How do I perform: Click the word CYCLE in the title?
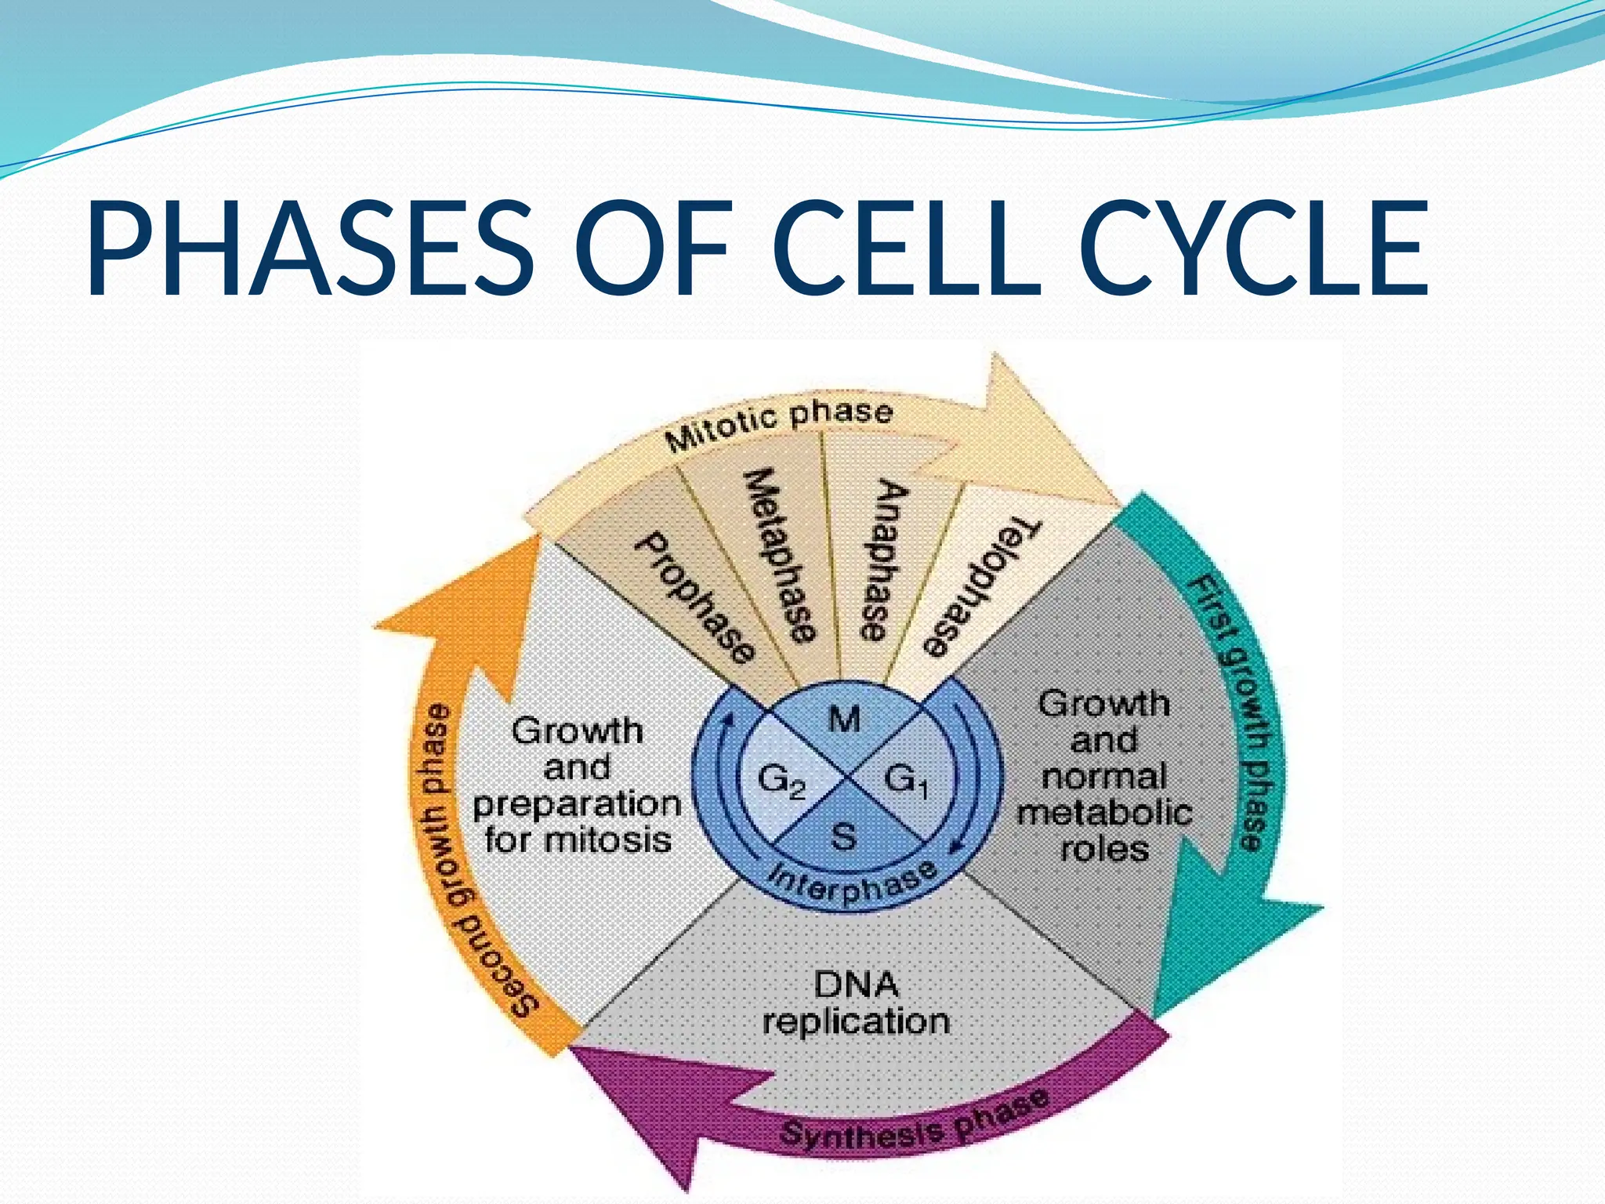click(1258, 249)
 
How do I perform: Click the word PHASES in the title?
click(310, 249)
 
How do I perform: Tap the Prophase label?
click(696, 598)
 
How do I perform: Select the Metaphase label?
click(781, 555)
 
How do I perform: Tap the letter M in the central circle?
click(844, 719)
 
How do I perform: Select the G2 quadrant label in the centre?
click(781, 781)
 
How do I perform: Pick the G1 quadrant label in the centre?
click(907, 781)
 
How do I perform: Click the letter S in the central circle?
click(843, 837)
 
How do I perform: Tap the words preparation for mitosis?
click(578, 821)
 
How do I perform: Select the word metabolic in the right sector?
click(1104, 813)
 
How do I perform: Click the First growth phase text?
click(1237, 713)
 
